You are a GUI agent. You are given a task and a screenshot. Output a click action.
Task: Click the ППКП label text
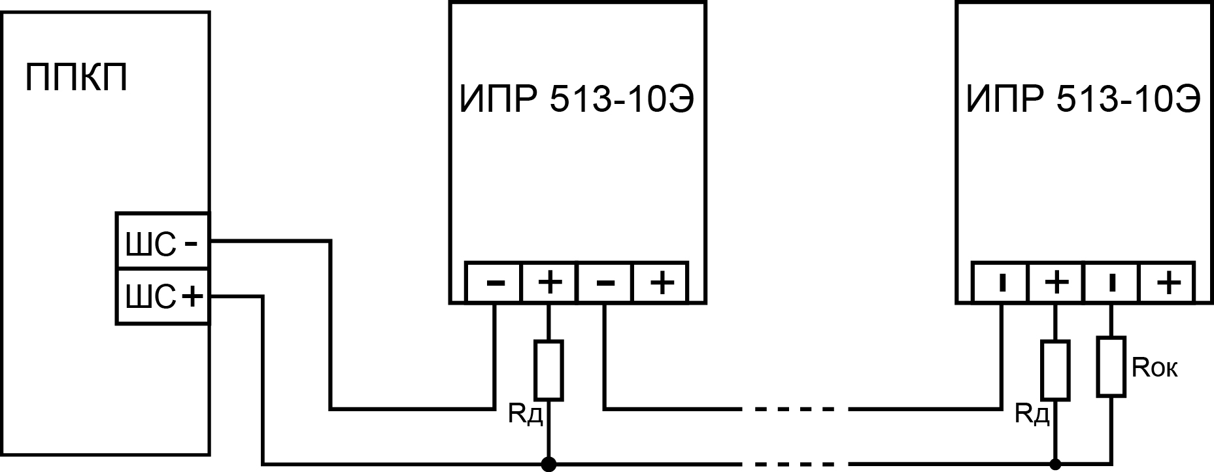[76, 78]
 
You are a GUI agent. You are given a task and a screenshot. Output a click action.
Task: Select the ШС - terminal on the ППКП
[162, 241]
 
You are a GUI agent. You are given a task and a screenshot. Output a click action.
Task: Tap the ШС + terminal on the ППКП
[162, 297]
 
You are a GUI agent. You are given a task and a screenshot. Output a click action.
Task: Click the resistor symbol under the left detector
[549, 370]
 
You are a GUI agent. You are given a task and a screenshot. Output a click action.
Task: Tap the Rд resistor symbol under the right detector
[1056, 370]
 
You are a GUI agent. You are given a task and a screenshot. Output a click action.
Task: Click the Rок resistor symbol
[1111, 367]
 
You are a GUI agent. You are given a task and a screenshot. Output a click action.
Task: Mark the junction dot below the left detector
[549, 464]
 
